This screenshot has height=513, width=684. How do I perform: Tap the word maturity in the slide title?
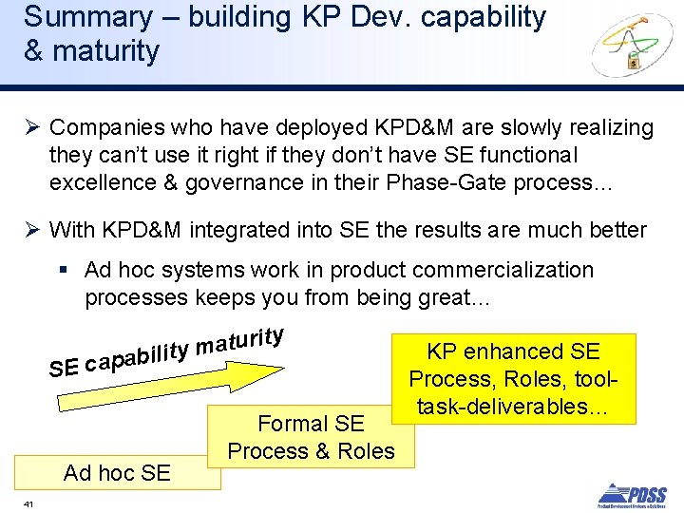(104, 50)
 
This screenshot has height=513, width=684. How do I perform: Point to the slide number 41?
(28, 503)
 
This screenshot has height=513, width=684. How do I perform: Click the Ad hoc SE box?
(116, 472)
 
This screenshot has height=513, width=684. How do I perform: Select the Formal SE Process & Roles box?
(312, 437)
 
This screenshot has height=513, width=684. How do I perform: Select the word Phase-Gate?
(447, 181)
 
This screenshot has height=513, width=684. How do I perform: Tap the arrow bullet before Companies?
(30, 127)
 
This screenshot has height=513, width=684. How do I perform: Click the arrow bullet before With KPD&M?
(30, 230)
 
